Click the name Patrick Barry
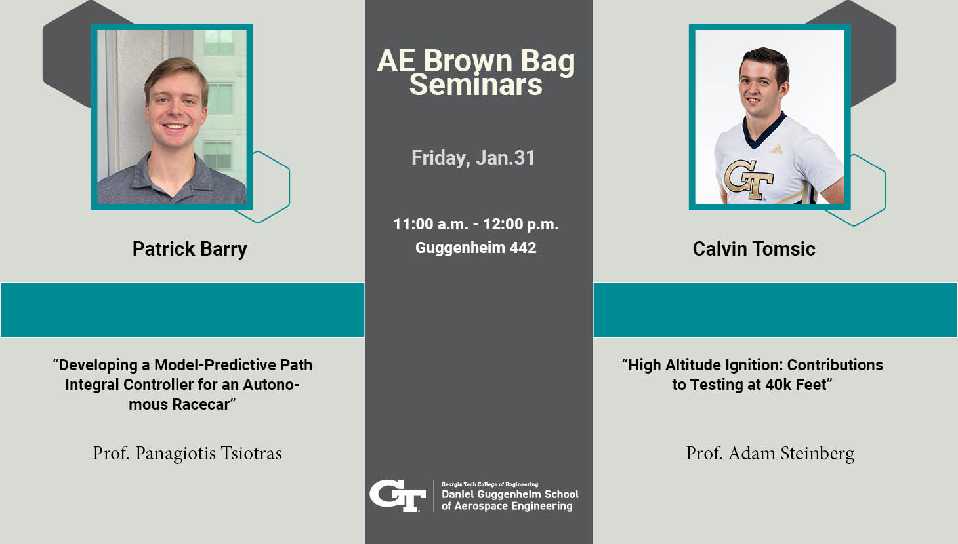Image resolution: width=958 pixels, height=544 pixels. tap(190, 249)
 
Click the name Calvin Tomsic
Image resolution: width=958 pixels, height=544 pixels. tap(754, 249)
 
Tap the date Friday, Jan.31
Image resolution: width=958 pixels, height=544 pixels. tap(473, 158)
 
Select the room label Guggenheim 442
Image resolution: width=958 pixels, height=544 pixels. tap(476, 248)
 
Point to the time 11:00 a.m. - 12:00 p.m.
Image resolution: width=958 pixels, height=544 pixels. tap(476, 224)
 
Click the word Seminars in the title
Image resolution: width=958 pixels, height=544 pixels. tap(476, 85)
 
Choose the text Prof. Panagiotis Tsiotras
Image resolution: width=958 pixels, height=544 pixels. tap(187, 454)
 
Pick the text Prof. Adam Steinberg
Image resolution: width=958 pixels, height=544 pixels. tap(770, 454)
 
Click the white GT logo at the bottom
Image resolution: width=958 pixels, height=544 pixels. tap(398, 495)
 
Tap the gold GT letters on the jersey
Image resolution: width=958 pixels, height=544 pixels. tap(749, 180)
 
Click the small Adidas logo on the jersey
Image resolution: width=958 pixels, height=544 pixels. tap(777, 149)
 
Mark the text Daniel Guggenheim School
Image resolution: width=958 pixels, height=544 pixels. tap(510, 494)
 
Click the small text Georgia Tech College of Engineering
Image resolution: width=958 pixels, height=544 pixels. tap(489, 484)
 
